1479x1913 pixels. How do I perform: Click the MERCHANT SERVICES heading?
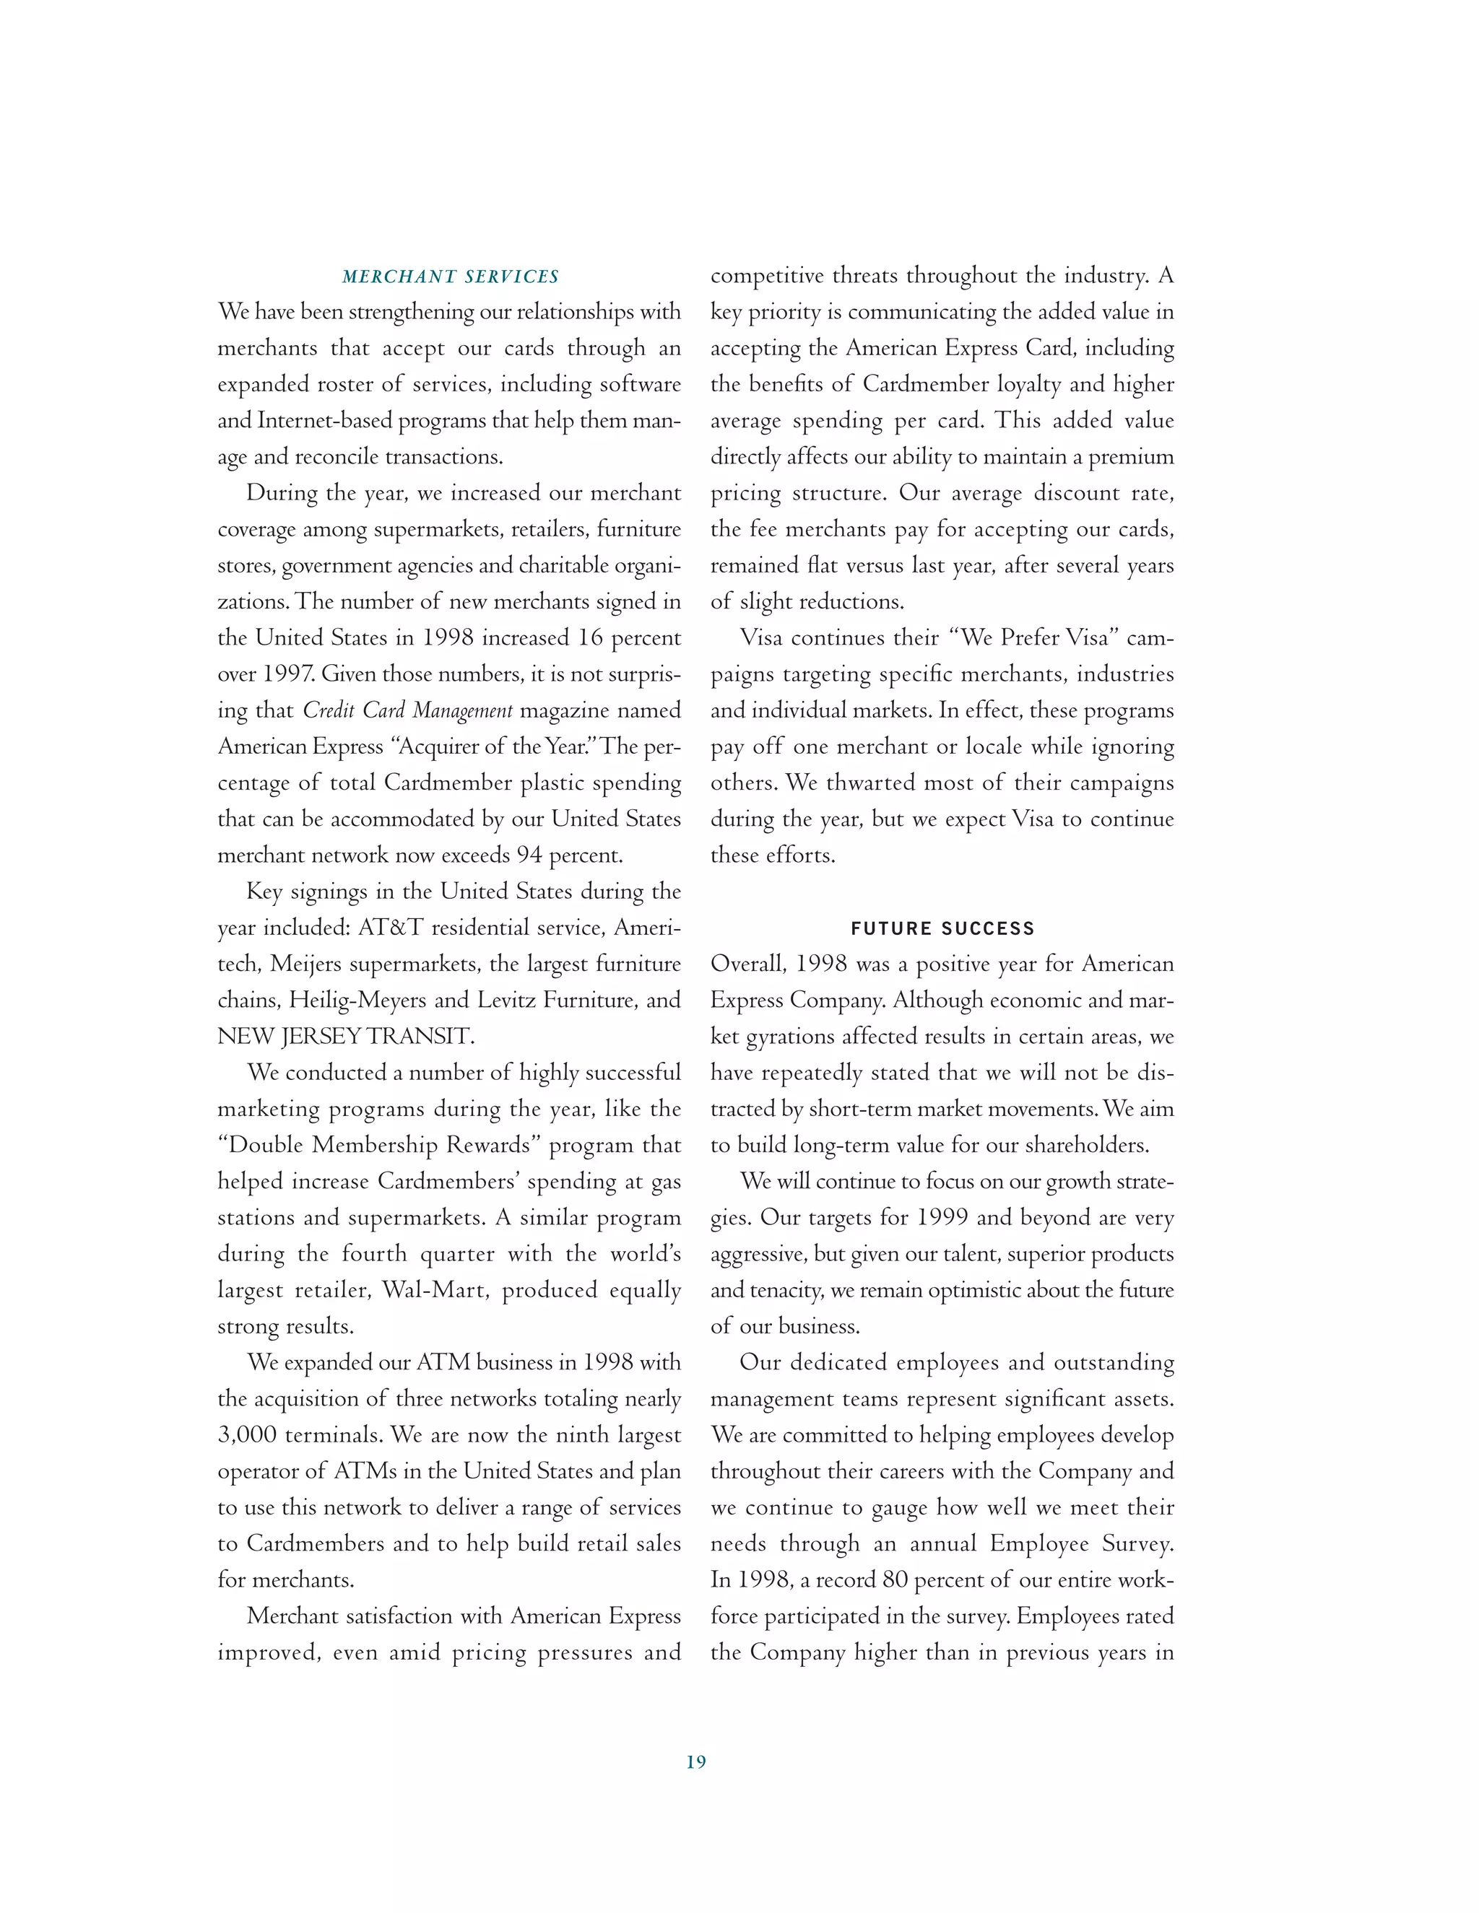point(449,276)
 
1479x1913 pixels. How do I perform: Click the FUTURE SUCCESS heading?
point(942,928)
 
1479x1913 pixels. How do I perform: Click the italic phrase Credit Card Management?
point(407,710)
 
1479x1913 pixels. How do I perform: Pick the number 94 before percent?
point(529,855)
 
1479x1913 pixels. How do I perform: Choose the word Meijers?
point(309,964)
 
